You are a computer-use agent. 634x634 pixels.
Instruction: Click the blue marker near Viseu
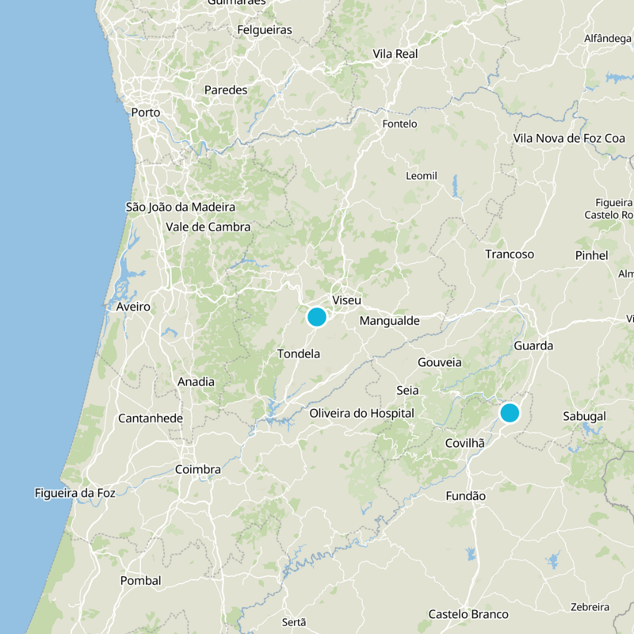[x=316, y=317]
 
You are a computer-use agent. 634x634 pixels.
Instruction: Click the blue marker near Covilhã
[x=510, y=412]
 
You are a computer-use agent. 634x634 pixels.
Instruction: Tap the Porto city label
[x=146, y=113]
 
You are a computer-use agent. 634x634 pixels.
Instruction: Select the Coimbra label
[x=197, y=469]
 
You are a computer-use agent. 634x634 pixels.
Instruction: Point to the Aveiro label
[x=132, y=306]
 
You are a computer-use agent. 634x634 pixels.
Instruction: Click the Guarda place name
[x=533, y=346]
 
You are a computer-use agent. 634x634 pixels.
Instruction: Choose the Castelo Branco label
[x=468, y=614]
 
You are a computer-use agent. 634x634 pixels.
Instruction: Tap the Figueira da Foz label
[x=75, y=493]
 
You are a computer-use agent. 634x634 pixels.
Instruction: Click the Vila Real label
[x=395, y=54]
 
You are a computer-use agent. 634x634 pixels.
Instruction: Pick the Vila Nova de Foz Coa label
[x=569, y=138]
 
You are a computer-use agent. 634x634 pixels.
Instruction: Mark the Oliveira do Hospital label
[x=361, y=413]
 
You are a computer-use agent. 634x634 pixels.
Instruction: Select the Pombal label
[x=140, y=580]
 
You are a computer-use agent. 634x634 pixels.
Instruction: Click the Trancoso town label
[x=510, y=254]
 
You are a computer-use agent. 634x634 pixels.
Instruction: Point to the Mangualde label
[x=389, y=321]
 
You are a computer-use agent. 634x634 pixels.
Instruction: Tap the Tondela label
[x=299, y=353]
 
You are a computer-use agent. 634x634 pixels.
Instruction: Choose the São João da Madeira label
[x=181, y=207]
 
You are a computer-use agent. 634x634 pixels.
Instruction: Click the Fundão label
[x=465, y=495]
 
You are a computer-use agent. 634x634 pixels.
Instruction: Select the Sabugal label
[x=584, y=416]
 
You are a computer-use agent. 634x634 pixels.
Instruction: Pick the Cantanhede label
[x=151, y=418]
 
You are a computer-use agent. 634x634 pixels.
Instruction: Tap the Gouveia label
[x=439, y=362]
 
